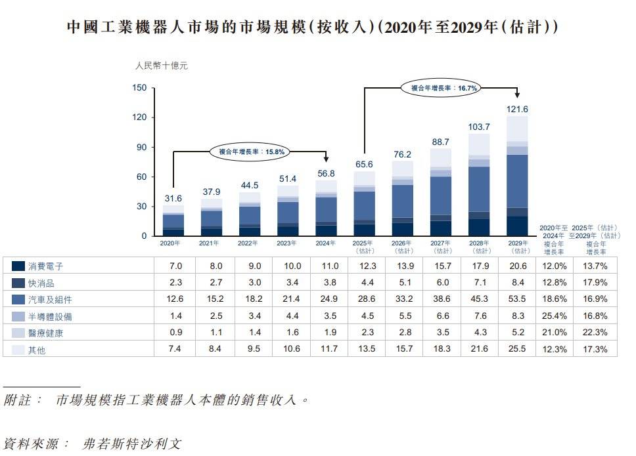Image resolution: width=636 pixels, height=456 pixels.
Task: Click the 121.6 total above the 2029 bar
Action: coord(517,109)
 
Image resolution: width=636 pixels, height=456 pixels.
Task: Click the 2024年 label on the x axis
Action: coord(327,243)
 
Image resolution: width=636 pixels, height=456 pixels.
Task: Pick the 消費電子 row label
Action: coord(46,266)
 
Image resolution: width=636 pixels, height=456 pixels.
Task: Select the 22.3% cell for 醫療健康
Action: coord(595,333)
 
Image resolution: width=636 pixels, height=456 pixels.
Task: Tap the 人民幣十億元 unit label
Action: coord(161,66)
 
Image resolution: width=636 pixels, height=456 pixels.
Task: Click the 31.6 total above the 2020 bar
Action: coord(173,198)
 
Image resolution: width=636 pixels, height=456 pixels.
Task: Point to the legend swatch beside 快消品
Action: coord(18,283)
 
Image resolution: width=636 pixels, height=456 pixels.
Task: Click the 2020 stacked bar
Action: coord(173,220)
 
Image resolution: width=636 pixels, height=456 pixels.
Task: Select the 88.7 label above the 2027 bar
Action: coord(441,142)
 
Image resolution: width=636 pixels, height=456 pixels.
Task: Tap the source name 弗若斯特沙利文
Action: coord(132,443)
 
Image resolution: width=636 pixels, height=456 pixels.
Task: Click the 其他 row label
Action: coord(37,350)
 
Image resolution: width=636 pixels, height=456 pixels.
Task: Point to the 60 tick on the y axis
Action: coord(141,177)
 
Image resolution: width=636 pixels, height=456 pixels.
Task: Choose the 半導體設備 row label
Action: coord(51,316)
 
